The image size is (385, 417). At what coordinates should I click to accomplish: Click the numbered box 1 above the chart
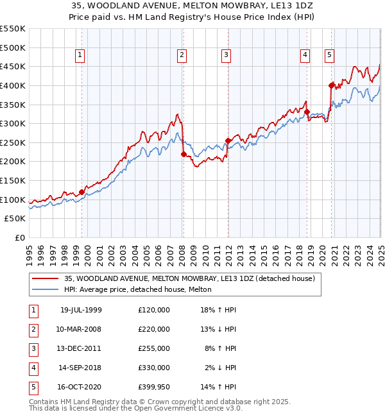[x=80, y=56]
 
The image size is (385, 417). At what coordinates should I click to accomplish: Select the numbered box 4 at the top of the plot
[x=305, y=56]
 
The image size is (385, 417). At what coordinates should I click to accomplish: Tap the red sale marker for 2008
[x=184, y=154]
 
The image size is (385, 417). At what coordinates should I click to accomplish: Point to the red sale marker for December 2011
[x=228, y=140]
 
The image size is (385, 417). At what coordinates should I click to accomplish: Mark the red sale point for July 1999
[x=82, y=192]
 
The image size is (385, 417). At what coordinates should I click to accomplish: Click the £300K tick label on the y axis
[x=12, y=123]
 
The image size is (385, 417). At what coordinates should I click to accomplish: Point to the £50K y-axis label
[x=15, y=219]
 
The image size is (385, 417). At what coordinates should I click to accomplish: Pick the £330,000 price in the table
[x=153, y=368]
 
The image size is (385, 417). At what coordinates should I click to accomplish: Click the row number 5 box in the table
[x=32, y=387]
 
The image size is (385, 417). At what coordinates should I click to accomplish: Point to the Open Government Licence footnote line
[x=126, y=408]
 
